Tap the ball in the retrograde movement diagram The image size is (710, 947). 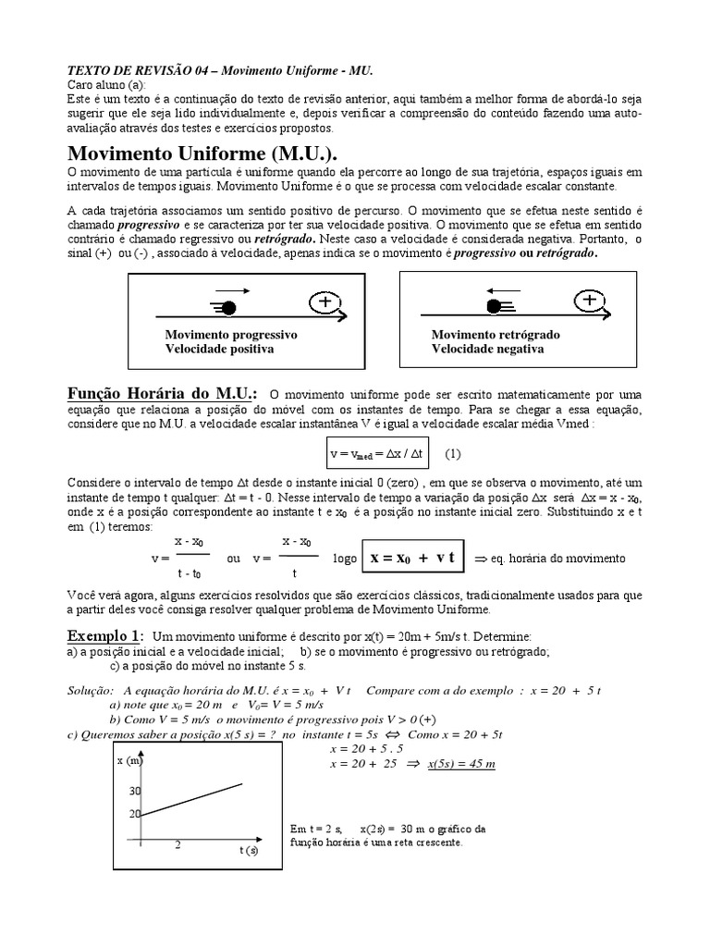point(494,306)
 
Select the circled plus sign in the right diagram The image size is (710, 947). point(588,301)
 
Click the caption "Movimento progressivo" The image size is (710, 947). point(230,334)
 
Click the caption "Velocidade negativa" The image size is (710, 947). point(487,349)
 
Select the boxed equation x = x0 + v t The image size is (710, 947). point(414,559)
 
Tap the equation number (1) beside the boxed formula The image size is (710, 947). point(452,454)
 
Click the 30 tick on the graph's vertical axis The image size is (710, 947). point(135,792)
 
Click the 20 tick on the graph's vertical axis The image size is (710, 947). point(135,814)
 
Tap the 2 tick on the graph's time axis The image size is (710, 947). point(177,844)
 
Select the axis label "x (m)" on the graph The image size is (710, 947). point(128,761)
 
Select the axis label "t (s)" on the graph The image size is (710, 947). point(248,850)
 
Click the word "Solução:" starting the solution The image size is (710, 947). point(92,691)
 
